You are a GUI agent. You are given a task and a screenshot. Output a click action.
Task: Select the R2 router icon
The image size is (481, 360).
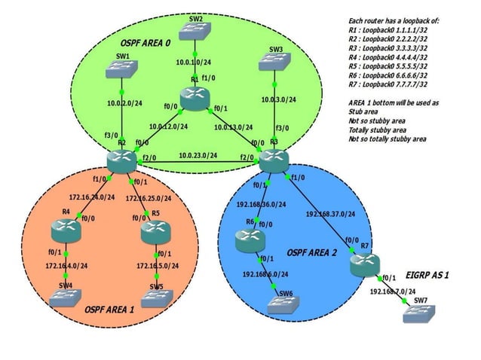[x=120, y=160]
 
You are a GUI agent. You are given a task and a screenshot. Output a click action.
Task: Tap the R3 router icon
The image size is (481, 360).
[x=274, y=159]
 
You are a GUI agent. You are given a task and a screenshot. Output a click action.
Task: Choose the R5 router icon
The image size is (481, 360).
[x=156, y=232]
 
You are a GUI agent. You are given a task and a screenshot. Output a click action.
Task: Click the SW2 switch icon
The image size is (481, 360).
[x=196, y=30]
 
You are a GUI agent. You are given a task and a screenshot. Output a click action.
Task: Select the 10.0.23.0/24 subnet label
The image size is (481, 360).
[x=198, y=156]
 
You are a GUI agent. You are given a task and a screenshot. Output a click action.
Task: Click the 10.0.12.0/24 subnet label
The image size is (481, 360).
[x=168, y=127]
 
